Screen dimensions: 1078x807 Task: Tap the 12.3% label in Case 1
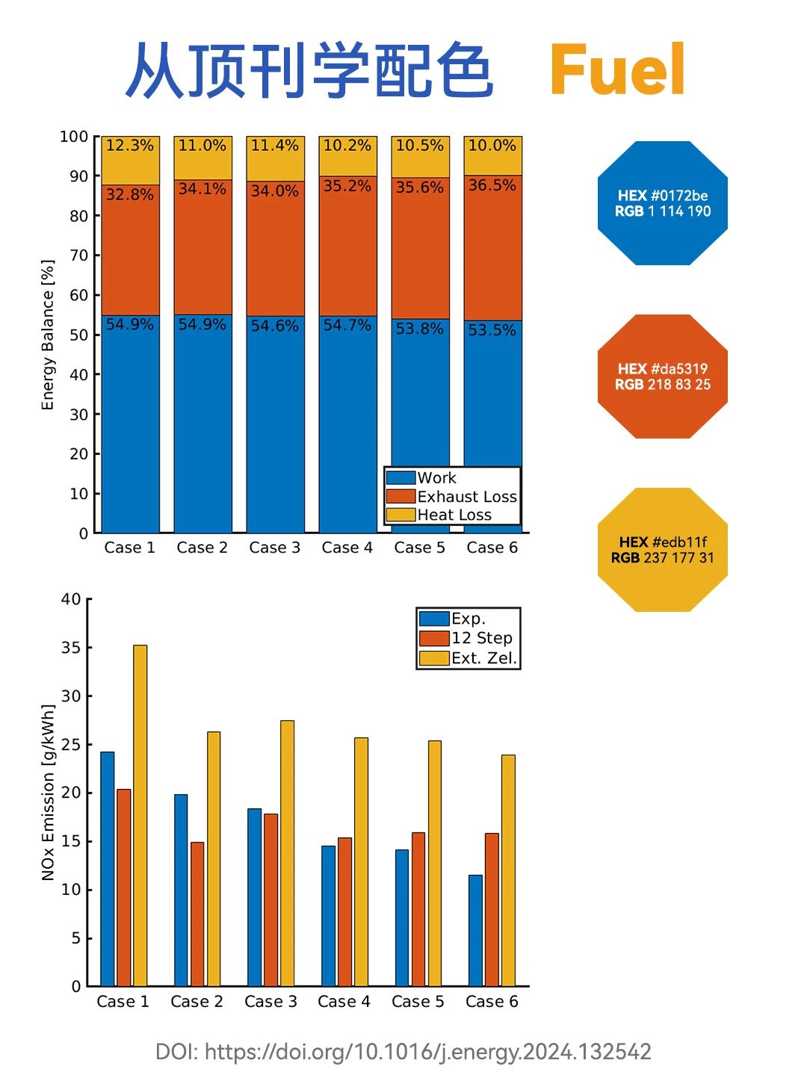click(x=129, y=145)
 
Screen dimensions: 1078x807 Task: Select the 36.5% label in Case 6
click(x=492, y=185)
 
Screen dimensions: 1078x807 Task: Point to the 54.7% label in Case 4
click(x=347, y=325)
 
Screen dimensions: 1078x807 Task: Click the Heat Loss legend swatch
click(x=401, y=515)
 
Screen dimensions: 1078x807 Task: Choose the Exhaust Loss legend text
click(x=467, y=497)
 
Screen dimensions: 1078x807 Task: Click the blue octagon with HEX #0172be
click(x=663, y=203)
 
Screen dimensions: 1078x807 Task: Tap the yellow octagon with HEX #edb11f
click(x=663, y=550)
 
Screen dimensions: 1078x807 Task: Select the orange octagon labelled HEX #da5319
click(x=663, y=377)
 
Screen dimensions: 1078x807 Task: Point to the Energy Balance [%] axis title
click(x=48, y=335)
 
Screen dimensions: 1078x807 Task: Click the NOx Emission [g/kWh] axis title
click(x=48, y=792)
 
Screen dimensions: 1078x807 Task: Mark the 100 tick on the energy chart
click(x=74, y=137)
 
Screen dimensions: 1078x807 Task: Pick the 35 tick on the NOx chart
click(x=71, y=648)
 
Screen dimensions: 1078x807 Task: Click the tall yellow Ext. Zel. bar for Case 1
click(x=140, y=815)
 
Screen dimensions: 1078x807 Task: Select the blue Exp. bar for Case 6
click(x=475, y=930)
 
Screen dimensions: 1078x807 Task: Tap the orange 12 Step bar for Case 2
click(x=197, y=914)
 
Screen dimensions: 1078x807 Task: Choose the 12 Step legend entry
click(x=469, y=638)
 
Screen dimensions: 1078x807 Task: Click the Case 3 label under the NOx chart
click(x=270, y=1002)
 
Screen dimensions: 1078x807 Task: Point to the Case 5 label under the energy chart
click(x=419, y=548)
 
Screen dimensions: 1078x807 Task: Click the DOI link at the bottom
click(x=403, y=1052)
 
